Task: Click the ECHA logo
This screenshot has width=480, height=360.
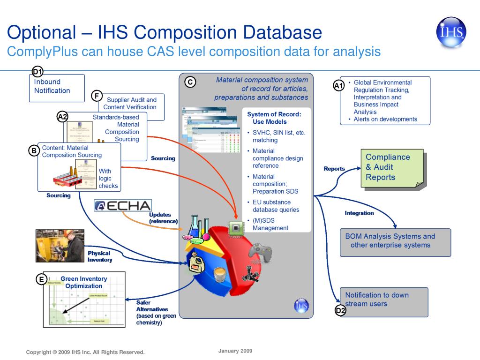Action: (123, 206)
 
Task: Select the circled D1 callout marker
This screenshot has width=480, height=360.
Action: (37, 72)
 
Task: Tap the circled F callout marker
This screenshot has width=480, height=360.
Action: (97, 96)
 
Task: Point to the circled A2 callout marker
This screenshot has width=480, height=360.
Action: (62, 117)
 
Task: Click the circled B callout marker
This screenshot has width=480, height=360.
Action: (33, 150)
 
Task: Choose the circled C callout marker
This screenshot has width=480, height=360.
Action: (190, 82)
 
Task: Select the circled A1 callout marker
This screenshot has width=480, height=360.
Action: (338, 85)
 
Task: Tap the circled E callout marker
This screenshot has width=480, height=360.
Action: (42, 280)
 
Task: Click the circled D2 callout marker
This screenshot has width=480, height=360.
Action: (340, 311)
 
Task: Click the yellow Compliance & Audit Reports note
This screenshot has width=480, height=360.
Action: (393, 168)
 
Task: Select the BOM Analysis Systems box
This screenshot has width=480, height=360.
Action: (395, 241)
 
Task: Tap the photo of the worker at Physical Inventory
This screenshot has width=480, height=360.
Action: (60, 246)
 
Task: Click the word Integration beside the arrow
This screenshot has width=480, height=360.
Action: (359, 213)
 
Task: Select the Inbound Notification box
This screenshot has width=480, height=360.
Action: (57, 88)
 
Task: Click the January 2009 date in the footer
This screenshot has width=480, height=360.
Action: (235, 351)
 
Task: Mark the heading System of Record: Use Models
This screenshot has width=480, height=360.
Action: (274, 118)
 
